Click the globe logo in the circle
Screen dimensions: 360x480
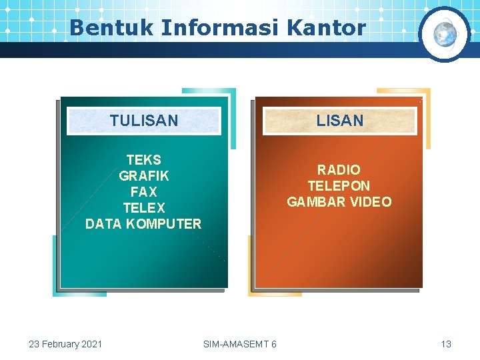click(x=445, y=34)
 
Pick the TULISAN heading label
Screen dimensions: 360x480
click(x=144, y=121)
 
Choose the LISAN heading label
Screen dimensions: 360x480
click(x=340, y=121)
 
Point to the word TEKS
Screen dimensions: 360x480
click(x=143, y=160)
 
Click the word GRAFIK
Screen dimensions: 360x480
click(x=143, y=176)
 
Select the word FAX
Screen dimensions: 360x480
click(x=143, y=192)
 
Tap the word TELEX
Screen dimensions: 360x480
click(x=143, y=208)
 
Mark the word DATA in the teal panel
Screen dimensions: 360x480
click(x=103, y=224)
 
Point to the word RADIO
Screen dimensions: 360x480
click(x=339, y=170)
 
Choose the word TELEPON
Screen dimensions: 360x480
click(x=339, y=186)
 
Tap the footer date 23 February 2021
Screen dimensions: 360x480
click(x=65, y=344)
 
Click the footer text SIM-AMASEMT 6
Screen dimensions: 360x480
click(x=240, y=344)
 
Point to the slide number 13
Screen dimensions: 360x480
click(x=446, y=344)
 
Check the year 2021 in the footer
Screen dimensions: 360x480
click(x=91, y=344)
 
